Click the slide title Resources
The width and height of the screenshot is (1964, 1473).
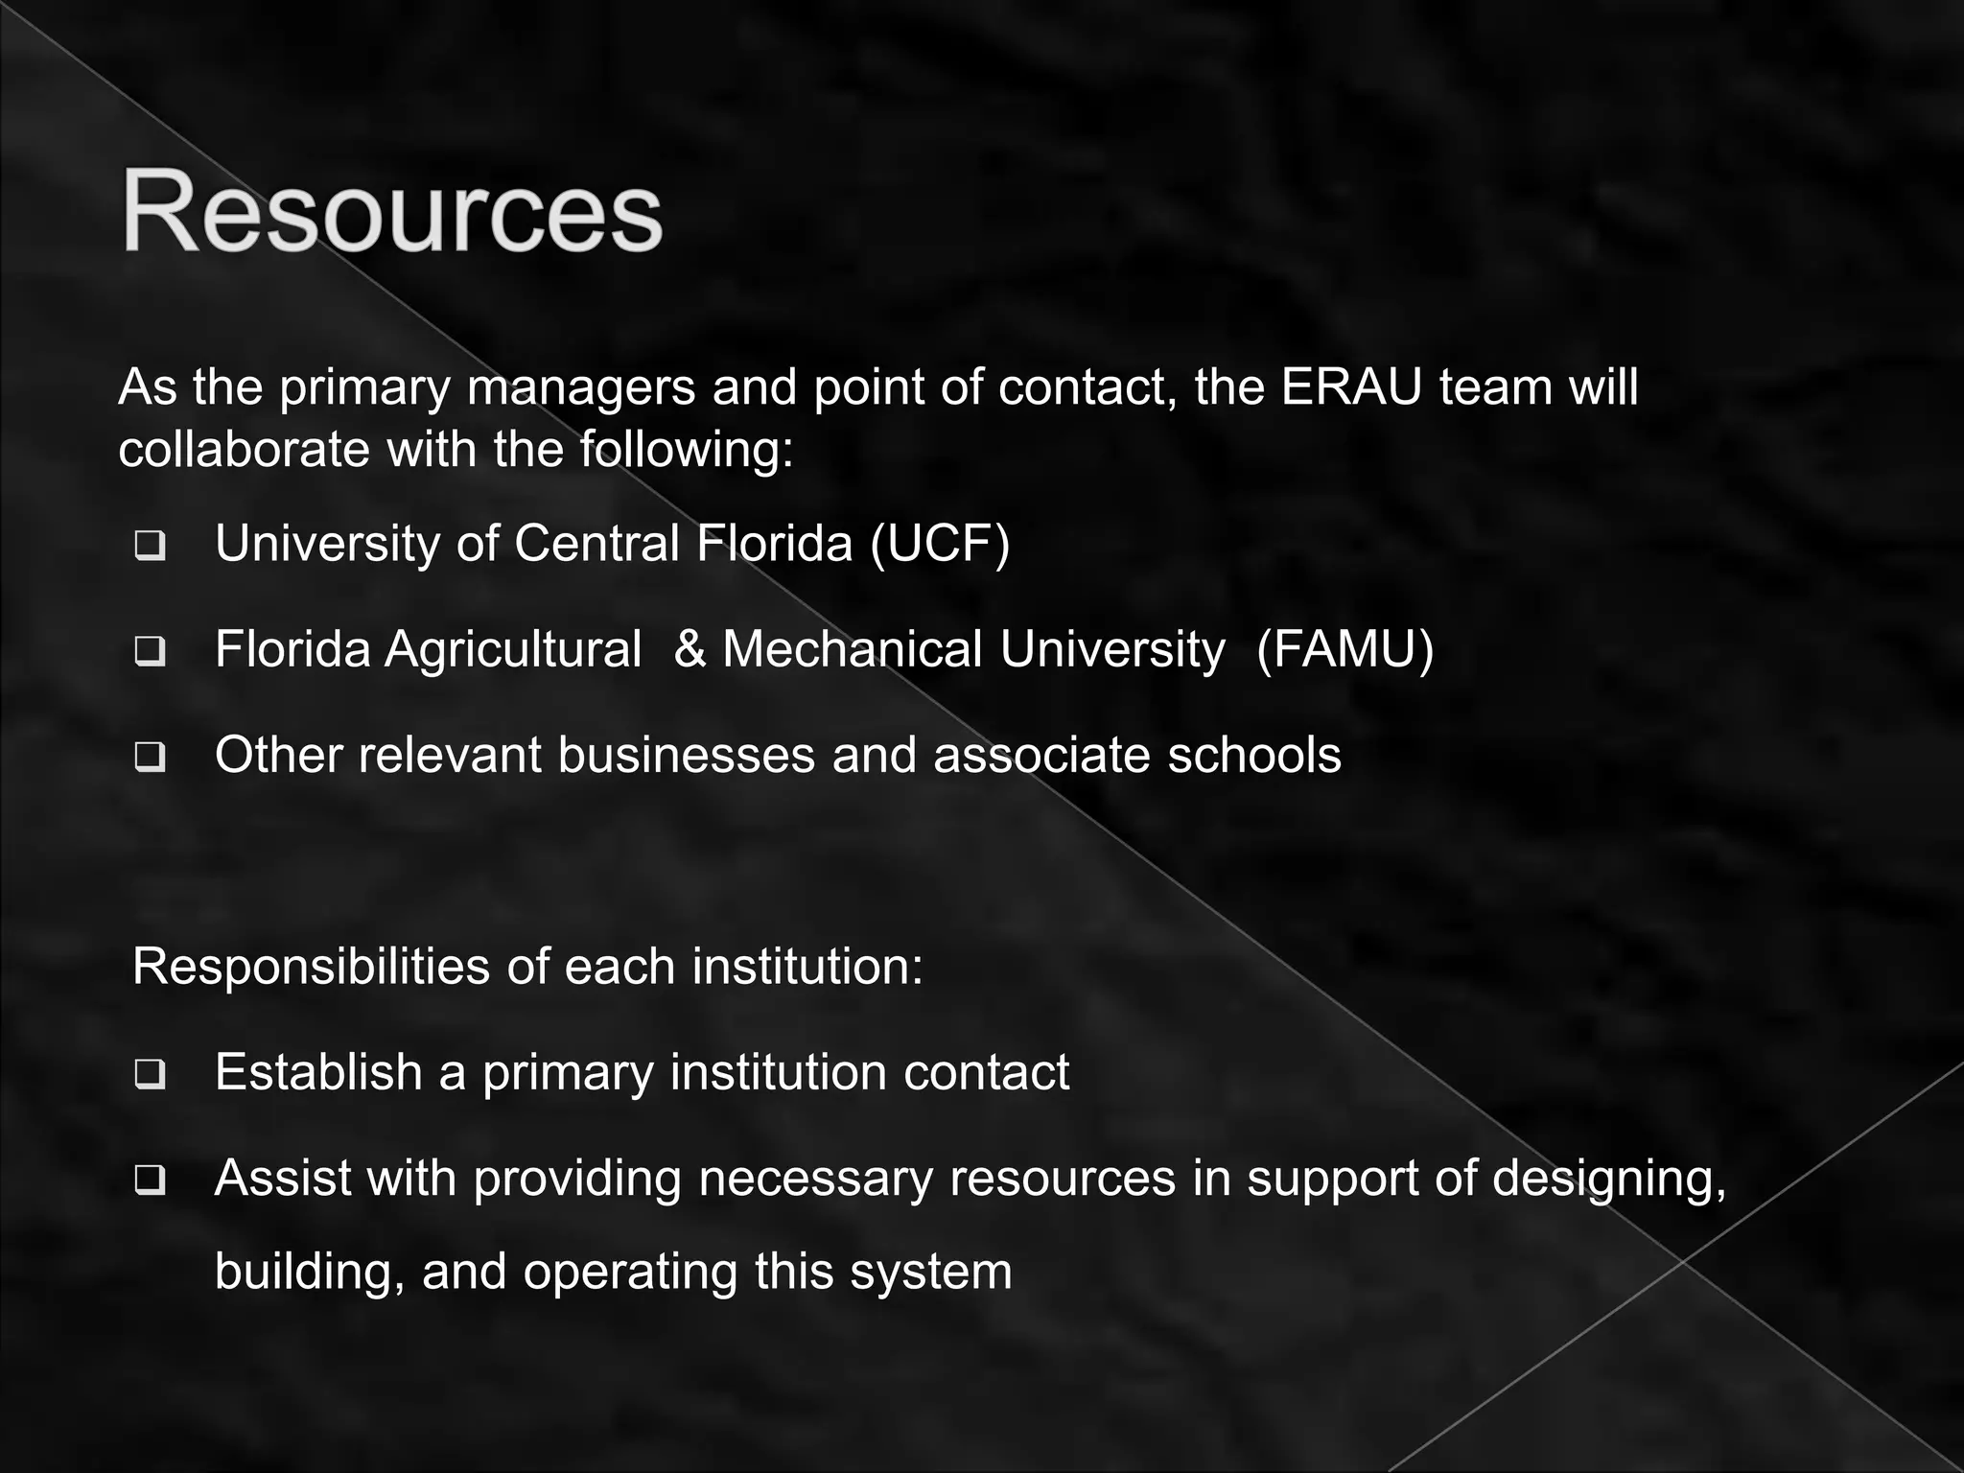[391, 211]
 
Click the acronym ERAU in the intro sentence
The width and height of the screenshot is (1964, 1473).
[1349, 387]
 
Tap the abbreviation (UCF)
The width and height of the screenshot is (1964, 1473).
[940, 544]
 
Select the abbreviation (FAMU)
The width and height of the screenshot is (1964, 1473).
[1344, 649]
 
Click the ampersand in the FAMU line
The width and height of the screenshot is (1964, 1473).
[690, 649]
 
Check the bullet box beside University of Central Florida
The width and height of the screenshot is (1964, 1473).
[150, 547]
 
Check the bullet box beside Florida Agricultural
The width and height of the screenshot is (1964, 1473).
[150, 652]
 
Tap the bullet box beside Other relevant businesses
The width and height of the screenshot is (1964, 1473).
[150, 759]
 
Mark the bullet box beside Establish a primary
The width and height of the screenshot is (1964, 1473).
[150, 1075]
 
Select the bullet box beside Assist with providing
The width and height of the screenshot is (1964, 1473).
[150, 1181]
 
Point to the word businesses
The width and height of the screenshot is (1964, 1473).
[686, 755]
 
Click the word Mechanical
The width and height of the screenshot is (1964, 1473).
[853, 649]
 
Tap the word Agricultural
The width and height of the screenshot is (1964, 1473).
[513, 649]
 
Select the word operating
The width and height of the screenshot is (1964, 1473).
[629, 1272]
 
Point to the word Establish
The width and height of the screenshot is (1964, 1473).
[318, 1072]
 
